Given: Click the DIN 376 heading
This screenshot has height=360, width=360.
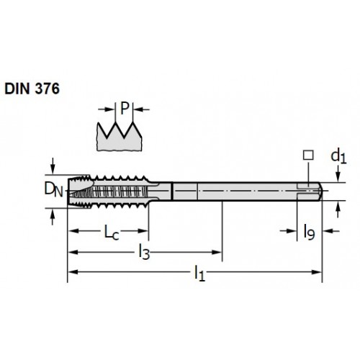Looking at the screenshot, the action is click(x=32, y=89).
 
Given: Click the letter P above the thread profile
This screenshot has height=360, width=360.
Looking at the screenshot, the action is click(x=125, y=108).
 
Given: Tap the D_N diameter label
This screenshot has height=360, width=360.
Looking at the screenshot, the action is click(x=53, y=189).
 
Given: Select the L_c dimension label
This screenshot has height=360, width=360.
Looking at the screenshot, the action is click(x=112, y=233).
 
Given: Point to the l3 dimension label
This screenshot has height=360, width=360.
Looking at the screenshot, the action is click(x=144, y=253).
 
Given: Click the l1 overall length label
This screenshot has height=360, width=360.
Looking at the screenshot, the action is click(x=199, y=273).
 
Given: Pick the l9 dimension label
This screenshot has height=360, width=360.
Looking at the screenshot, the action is click(x=309, y=232).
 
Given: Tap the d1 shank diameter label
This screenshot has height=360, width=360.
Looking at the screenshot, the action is click(x=338, y=156).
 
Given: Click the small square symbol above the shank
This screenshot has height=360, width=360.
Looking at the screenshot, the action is click(x=308, y=155).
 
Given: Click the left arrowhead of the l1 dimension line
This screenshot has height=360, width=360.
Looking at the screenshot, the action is click(x=73, y=272).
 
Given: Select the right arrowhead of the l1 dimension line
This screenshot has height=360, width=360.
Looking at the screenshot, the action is click(x=316, y=272).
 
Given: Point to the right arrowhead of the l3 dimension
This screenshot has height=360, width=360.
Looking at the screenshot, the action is click(x=217, y=252).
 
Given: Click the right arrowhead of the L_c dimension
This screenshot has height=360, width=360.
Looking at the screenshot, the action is click(x=143, y=231).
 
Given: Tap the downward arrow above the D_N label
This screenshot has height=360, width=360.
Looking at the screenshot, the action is click(x=53, y=166).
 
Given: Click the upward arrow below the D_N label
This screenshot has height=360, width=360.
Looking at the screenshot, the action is click(x=53, y=217).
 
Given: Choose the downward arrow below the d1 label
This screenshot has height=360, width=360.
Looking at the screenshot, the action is click(x=338, y=174).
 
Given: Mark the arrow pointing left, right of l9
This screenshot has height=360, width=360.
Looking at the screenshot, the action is click(x=330, y=231).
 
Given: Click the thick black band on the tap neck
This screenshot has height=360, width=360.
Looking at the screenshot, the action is click(x=172, y=192).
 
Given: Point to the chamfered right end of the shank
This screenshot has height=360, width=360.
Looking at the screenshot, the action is click(x=320, y=192).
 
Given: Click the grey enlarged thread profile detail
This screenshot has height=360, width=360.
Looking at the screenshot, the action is click(x=119, y=138).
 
